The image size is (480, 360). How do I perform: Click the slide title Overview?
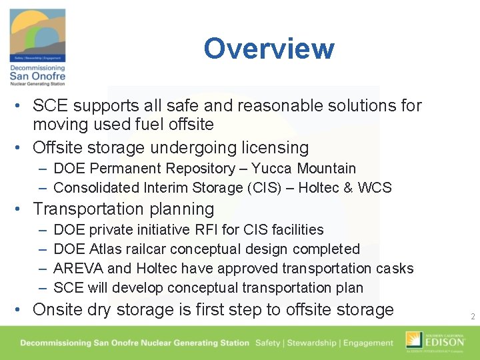tap(269, 49)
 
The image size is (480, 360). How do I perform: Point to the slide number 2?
tap(472, 317)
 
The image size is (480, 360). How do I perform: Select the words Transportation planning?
tap(123, 209)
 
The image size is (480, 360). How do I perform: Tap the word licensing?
tap(275, 148)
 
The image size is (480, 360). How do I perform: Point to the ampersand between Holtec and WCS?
tap(347, 188)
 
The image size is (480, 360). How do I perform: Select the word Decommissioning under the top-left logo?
tap(37, 68)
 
